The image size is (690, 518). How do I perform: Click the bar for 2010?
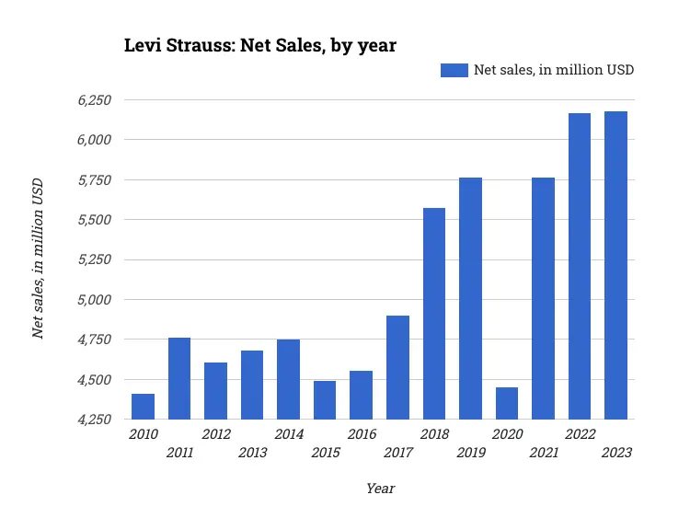tap(143, 407)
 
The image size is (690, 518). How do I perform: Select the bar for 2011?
tap(179, 378)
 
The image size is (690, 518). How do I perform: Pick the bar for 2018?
tap(434, 314)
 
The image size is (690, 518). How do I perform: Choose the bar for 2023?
tap(616, 265)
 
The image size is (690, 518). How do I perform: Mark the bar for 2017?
tap(397, 367)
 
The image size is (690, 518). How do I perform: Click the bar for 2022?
tap(580, 266)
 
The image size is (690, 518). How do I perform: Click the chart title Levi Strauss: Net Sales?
tap(260, 45)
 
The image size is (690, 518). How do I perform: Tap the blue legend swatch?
tap(454, 70)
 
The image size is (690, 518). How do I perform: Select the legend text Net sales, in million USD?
tap(554, 70)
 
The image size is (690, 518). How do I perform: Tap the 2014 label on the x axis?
tap(289, 434)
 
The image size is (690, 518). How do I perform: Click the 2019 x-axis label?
tap(470, 453)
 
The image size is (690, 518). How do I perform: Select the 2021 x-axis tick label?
tap(543, 453)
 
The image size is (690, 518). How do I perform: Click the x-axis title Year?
tap(380, 489)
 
